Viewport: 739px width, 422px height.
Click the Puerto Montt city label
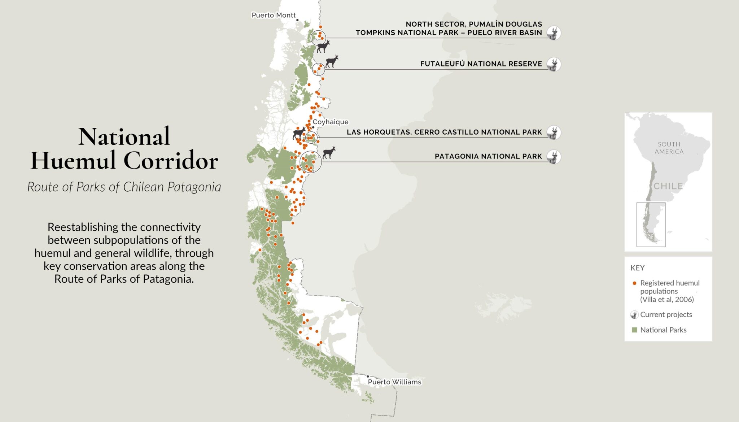click(x=274, y=15)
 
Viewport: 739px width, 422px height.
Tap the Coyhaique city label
click(x=330, y=122)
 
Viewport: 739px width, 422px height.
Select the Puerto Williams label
click(x=394, y=382)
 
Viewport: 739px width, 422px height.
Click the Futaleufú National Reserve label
click(x=481, y=64)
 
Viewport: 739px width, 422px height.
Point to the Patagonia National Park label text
click(x=488, y=156)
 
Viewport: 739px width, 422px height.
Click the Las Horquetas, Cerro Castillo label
click(x=444, y=132)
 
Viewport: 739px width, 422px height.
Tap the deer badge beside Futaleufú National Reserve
click(x=554, y=65)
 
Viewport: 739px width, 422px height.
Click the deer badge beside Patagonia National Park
click(x=554, y=157)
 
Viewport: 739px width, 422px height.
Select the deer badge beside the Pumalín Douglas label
click(x=554, y=33)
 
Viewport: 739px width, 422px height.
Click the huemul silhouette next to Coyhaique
click(x=299, y=133)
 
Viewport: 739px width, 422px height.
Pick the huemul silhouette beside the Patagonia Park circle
click(x=329, y=152)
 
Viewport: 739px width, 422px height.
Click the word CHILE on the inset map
click(x=668, y=186)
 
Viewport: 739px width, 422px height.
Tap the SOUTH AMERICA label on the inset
click(x=669, y=148)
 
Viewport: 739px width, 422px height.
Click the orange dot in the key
click(x=634, y=283)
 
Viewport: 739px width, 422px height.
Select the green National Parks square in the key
click(x=634, y=330)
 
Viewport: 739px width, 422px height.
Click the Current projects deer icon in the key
click(x=634, y=315)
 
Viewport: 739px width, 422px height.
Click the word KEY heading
click(x=637, y=268)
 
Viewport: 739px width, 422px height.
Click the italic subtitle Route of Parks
click(x=124, y=187)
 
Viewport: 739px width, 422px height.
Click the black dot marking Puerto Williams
click(x=368, y=377)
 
